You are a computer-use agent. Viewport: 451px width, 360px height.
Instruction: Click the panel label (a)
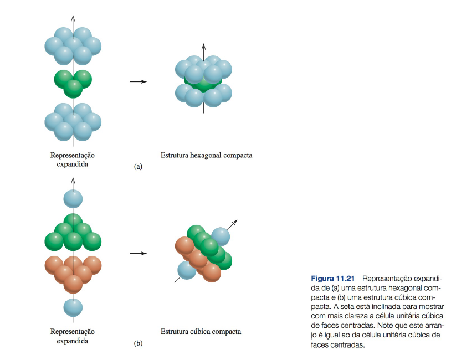[138, 166]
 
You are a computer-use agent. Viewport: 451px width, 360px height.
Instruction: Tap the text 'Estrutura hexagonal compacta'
[206, 156]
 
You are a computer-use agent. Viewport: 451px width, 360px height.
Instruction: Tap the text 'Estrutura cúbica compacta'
[201, 332]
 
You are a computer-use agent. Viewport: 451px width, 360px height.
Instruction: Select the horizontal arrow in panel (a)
[138, 81]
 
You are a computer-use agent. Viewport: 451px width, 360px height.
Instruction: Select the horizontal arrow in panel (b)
[138, 254]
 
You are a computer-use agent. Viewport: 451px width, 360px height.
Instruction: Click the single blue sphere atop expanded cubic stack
[73, 198]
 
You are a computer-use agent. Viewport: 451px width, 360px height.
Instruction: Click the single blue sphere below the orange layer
[73, 306]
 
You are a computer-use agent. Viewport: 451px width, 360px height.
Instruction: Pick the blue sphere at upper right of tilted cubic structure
[221, 236]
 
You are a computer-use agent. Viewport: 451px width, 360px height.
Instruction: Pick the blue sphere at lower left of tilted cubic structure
[186, 270]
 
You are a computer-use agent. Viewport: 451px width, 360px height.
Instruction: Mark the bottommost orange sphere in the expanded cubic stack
[73, 284]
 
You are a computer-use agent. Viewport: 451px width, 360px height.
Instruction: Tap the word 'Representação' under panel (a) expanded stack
[73, 156]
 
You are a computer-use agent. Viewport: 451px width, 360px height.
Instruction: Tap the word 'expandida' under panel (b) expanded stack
[73, 341]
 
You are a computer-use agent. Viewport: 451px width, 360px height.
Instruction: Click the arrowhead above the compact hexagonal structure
[203, 46]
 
